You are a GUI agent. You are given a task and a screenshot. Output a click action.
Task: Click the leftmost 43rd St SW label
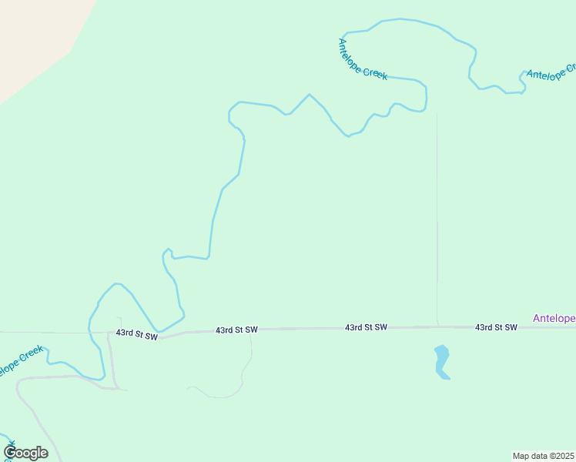tap(136, 334)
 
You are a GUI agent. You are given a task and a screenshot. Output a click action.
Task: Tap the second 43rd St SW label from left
tap(236, 330)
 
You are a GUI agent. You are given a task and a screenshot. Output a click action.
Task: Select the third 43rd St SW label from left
tap(366, 327)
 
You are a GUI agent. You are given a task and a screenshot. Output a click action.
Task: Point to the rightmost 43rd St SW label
tap(496, 327)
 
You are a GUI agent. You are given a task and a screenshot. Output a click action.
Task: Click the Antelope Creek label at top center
tap(362, 59)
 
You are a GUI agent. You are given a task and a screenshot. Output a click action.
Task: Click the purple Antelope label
tap(554, 318)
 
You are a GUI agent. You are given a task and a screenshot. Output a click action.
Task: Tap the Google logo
tap(26, 453)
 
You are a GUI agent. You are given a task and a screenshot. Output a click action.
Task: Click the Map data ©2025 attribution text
tap(543, 455)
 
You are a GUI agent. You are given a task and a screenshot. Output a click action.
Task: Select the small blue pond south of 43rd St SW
tap(442, 362)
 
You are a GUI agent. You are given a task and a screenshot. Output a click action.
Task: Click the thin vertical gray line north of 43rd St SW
tap(437, 223)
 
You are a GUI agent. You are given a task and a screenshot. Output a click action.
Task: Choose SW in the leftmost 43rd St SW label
tap(150, 336)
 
